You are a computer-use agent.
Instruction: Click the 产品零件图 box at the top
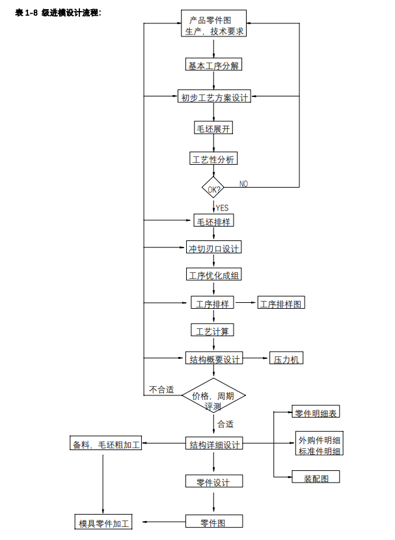[213, 24]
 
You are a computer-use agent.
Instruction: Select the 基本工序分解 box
[213, 66]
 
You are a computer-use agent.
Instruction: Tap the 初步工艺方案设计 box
[214, 98]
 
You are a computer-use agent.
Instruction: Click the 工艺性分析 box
[213, 159]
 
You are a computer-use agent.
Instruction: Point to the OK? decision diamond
[213, 189]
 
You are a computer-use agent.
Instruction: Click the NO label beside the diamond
[243, 184]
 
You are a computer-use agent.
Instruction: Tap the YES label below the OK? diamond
[222, 208]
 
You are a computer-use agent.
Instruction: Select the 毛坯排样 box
[214, 221]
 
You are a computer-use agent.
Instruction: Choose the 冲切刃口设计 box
[213, 248]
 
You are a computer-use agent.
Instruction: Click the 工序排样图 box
[281, 304]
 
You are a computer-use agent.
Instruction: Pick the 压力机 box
[286, 359]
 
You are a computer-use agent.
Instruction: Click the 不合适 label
[161, 390]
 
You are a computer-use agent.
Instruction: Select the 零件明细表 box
[315, 413]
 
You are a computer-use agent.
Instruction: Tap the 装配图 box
[316, 478]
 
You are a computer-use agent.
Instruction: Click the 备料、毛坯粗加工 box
[106, 445]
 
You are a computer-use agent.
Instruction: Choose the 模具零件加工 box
[104, 523]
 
